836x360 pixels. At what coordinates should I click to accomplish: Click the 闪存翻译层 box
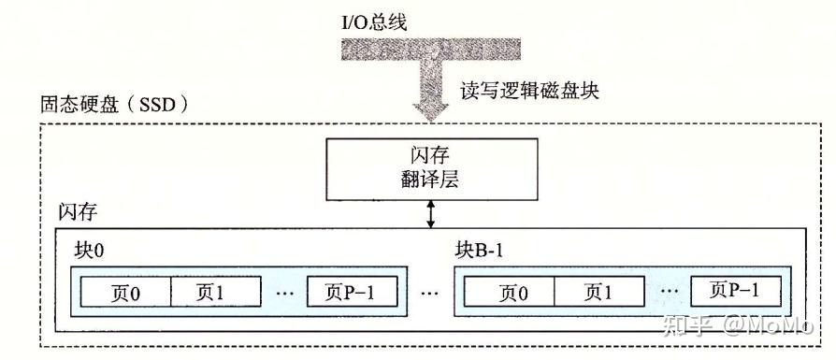(431, 167)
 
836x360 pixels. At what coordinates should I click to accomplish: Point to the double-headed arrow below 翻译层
(431, 213)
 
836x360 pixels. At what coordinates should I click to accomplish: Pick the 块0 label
(89, 250)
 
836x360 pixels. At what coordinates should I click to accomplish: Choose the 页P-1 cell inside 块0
(352, 292)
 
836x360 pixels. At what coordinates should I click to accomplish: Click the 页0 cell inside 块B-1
(505, 293)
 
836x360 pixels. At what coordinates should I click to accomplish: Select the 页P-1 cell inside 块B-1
(736, 291)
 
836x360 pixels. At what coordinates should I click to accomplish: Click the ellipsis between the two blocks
(430, 294)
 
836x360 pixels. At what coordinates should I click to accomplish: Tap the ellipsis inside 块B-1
(668, 292)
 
